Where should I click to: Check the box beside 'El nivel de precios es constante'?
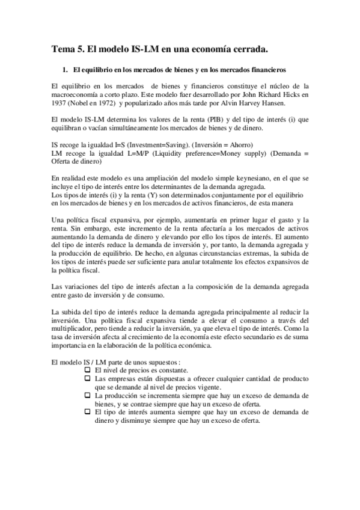(x=88, y=370)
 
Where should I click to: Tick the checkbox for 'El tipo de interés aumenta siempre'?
(x=88, y=413)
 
